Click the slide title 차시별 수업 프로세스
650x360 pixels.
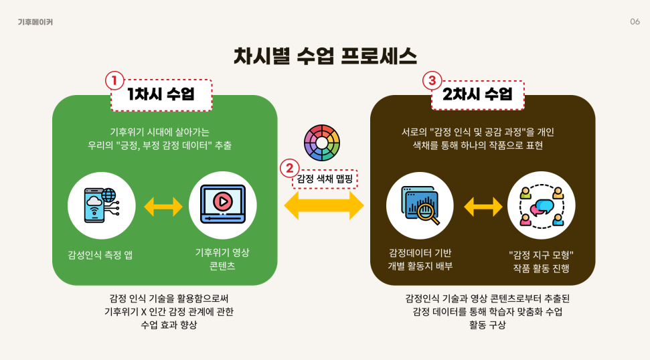(325, 55)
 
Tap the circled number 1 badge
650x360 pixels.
(114, 81)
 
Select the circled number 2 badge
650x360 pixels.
(289, 168)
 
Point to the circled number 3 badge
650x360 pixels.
(432, 81)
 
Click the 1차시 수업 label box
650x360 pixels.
(161, 95)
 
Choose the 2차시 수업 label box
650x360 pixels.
(477, 95)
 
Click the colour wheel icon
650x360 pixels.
(322, 143)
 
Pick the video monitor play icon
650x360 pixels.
(222, 205)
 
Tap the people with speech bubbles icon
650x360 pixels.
(541, 205)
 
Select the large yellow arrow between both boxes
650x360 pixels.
(324, 205)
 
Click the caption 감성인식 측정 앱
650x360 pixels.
(100, 254)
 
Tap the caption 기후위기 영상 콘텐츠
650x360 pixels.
(222, 260)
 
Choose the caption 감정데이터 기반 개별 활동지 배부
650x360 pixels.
(420, 260)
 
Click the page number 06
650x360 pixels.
(635, 21)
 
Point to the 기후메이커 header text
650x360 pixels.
(35, 22)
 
